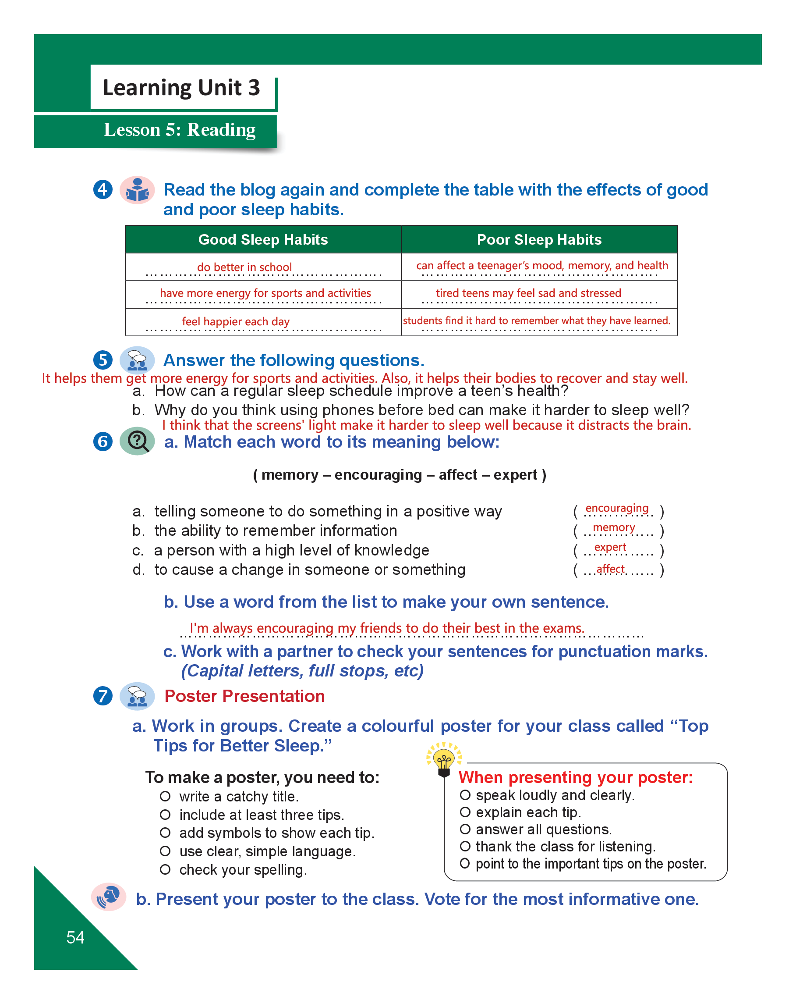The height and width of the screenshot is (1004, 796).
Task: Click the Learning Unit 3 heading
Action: pos(181,88)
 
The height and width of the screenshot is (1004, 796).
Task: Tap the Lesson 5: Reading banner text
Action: pos(179,129)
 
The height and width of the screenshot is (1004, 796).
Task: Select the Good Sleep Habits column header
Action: pos(263,239)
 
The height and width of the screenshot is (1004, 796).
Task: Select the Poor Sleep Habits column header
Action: pos(539,239)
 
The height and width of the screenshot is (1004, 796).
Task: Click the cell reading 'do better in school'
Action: pos(244,267)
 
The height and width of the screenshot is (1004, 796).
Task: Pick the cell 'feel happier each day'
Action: pos(235,321)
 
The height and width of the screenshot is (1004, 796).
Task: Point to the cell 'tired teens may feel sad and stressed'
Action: pos(528,293)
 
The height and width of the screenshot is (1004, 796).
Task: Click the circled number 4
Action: pos(103,189)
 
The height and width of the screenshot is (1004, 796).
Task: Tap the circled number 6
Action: pos(103,441)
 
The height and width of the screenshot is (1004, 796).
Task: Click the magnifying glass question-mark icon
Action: pos(137,441)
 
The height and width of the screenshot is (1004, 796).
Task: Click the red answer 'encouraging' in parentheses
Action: pos(616,508)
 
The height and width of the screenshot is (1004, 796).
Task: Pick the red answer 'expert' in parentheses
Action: pos(610,547)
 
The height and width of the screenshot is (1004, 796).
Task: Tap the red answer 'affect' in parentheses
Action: pos(610,569)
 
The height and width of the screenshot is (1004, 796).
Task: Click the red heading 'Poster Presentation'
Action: pos(244,696)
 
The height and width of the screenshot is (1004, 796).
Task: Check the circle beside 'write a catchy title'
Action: pos(165,796)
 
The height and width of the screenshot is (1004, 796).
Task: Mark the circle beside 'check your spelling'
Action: pos(165,869)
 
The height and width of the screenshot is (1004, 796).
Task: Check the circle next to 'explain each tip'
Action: pos(465,812)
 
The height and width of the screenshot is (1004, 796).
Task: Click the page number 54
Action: pos(75,937)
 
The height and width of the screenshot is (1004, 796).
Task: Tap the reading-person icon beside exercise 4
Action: pos(137,190)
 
